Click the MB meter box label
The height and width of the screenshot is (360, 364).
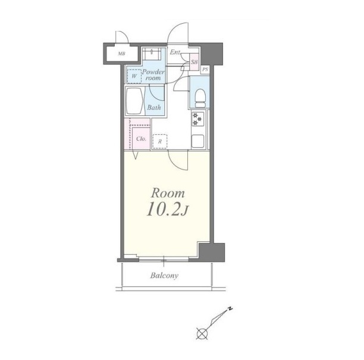121,54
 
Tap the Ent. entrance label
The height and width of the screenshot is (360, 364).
175,52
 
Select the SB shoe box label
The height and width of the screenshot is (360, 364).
194,62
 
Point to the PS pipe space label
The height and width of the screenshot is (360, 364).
205,70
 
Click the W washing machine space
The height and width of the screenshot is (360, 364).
134,76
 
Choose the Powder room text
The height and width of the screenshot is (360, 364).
153,75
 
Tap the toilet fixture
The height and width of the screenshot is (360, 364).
200,98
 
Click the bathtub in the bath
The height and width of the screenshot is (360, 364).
134,101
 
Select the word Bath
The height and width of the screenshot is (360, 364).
154,108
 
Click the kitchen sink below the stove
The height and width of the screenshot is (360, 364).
198,141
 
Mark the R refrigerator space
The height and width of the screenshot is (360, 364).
160,141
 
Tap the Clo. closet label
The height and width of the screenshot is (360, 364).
141,139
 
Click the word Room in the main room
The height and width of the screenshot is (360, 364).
168,193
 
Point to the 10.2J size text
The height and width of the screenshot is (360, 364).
167,210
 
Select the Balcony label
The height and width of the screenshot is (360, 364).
164,276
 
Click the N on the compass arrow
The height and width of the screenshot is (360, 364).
230,309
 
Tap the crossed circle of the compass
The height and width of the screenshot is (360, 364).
202,334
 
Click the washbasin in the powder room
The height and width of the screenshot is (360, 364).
152,54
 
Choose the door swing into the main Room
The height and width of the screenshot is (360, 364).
178,160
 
